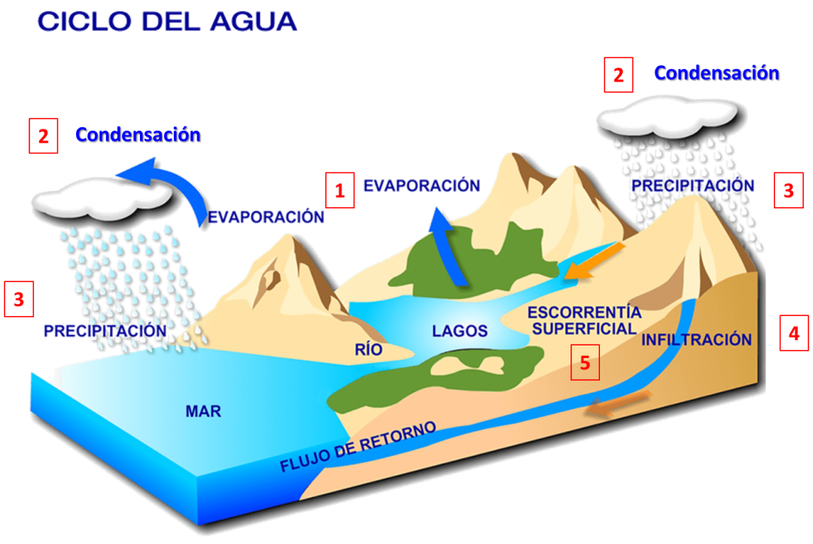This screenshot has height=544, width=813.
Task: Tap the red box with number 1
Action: pyautogui.click(x=340, y=190)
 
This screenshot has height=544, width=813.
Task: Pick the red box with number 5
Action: pyautogui.click(x=585, y=363)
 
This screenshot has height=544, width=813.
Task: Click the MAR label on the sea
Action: pyautogui.click(x=203, y=412)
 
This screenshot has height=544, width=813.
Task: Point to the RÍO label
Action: pyautogui.click(x=369, y=349)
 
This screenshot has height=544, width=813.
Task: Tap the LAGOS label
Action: pyautogui.click(x=459, y=331)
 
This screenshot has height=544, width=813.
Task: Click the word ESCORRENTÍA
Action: pyautogui.click(x=584, y=312)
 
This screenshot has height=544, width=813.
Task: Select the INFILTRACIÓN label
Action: pyautogui.click(x=696, y=339)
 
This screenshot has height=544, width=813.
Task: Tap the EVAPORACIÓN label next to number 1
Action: pyautogui.click(x=422, y=186)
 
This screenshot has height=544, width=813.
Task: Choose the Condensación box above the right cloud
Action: pyautogui.click(x=716, y=73)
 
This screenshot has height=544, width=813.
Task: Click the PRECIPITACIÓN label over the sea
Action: pyautogui.click(x=105, y=330)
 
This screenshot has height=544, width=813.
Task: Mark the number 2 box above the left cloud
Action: pyautogui.click(x=44, y=136)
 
